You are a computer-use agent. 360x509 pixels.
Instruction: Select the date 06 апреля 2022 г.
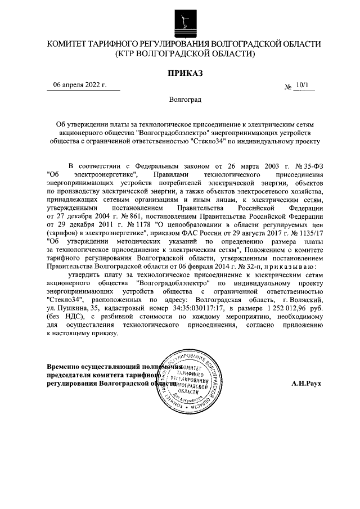click(x=79, y=85)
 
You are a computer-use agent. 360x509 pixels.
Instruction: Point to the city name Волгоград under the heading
click(x=184, y=100)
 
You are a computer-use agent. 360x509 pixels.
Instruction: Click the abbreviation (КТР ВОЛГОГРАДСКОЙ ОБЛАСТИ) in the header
click(x=184, y=55)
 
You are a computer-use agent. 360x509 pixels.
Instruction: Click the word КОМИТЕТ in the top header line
click(x=70, y=44)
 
